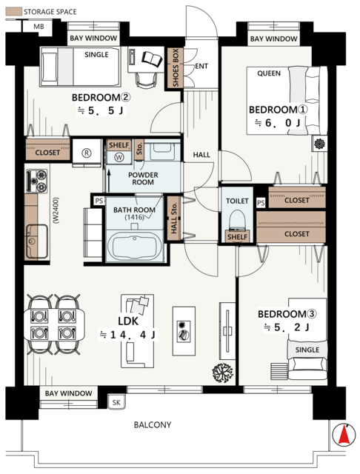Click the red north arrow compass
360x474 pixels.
click(x=344, y=435)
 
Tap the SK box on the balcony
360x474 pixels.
click(x=116, y=402)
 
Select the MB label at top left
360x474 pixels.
click(x=39, y=27)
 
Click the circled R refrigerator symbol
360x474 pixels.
click(x=87, y=153)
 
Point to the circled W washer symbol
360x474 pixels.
click(x=119, y=157)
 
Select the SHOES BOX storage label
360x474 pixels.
click(x=176, y=68)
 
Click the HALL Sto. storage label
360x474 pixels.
click(x=174, y=218)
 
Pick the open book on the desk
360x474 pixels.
click(x=152, y=59)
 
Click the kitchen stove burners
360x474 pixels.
click(x=37, y=181)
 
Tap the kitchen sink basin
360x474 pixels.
click(x=36, y=241)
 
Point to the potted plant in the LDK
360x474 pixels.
click(x=222, y=373)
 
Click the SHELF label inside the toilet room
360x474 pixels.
click(x=238, y=237)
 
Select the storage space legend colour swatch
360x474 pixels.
click(x=14, y=12)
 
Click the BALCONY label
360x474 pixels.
click(x=153, y=425)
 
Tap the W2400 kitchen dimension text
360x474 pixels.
click(x=56, y=210)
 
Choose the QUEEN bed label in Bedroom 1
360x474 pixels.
click(x=269, y=73)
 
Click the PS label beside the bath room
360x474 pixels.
click(x=99, y=201)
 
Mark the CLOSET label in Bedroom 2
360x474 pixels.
click(x=47, y=153)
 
